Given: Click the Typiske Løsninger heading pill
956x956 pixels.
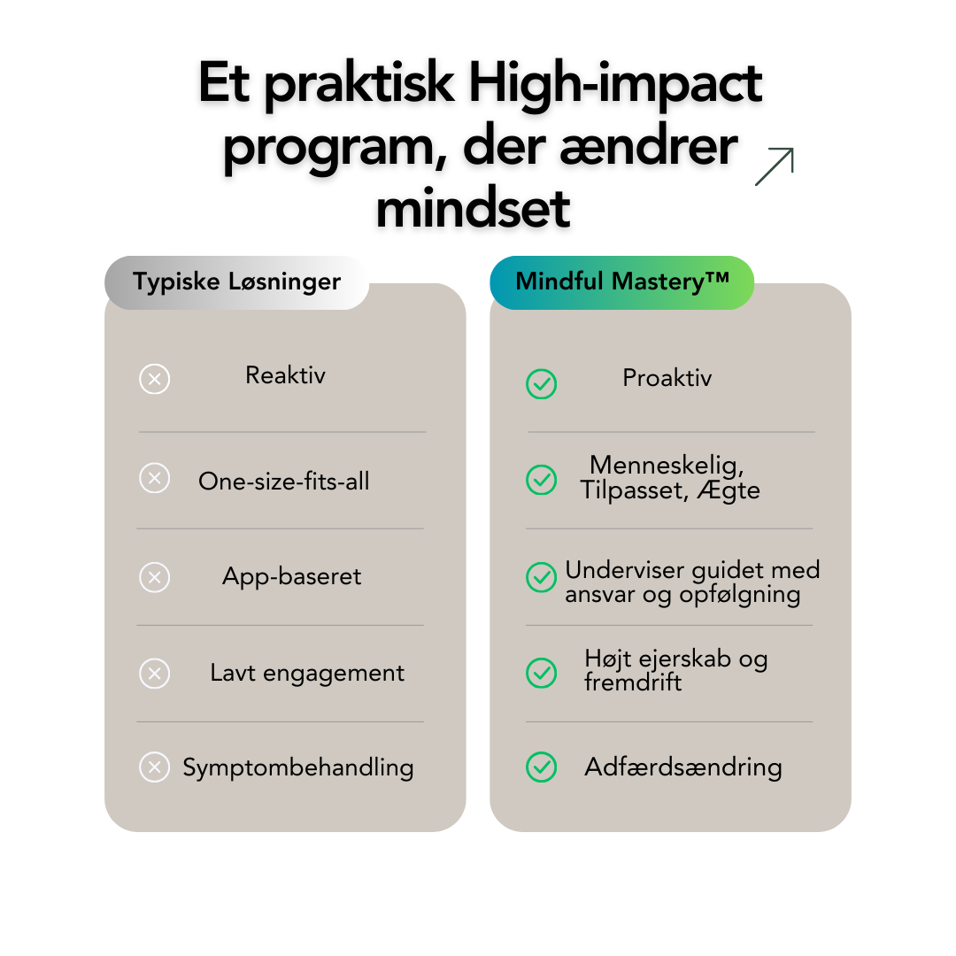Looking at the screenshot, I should (236, 282).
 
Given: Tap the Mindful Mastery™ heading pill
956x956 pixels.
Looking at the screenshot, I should (621, 282).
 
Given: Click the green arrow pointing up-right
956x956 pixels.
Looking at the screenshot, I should (775, 166).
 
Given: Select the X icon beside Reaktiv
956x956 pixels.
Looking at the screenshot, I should (154, 379).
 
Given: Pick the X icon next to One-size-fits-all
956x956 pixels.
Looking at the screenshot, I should (154, 479).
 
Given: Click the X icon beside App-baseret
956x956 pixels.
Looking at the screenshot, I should (154, 577).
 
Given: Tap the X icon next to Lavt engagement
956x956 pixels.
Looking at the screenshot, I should (154, 674).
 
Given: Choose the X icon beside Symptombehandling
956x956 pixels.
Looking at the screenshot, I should (154, 767).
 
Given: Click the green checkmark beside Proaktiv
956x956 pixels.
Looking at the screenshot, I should (542, 383).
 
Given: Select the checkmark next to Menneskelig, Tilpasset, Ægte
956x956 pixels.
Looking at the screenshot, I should (542, 479).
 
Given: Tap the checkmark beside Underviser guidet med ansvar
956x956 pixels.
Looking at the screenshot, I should (542, 577).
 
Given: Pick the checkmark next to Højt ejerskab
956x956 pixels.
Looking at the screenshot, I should (542, 673).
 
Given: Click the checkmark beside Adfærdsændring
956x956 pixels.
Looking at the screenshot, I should (542, 767).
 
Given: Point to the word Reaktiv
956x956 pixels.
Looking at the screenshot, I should (285, 375).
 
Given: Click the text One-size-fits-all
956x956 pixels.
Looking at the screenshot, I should (284, 482).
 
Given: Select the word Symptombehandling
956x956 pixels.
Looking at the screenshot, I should (298, 767).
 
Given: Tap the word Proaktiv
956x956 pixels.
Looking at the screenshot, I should (667, 378).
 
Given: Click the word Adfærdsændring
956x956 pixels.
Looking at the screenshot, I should (683, 767).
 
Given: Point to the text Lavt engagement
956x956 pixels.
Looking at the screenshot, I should (307, 673).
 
